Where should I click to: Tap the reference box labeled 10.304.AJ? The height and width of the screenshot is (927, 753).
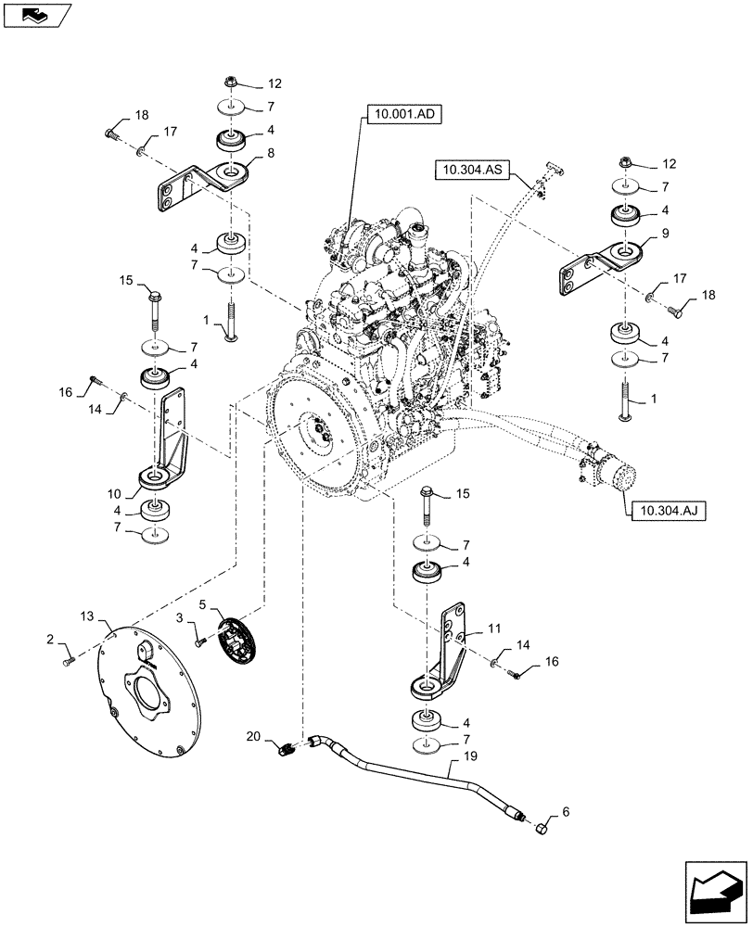(664, 507)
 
